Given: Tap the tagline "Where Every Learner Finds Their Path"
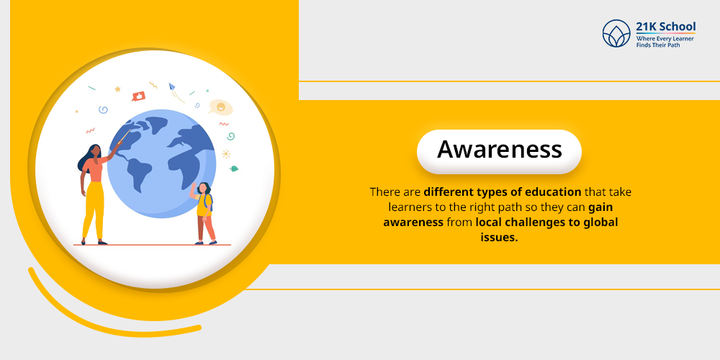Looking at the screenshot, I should coord(665,42).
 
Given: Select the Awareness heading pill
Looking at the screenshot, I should coord(499,150).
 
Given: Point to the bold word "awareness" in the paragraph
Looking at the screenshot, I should coord(413,222).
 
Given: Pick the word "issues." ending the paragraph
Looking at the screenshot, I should coord(499,238).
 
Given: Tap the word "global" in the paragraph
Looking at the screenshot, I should coord(599,222).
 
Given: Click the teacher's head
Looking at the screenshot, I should coord(95,152).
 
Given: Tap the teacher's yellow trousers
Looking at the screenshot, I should coord(93,209).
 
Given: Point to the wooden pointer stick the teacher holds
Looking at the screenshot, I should coord(122,137).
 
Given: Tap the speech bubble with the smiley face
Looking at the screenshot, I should coord(220,107).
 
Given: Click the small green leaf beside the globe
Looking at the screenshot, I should coord(233,168).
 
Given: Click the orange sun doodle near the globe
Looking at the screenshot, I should coord(225,153).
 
